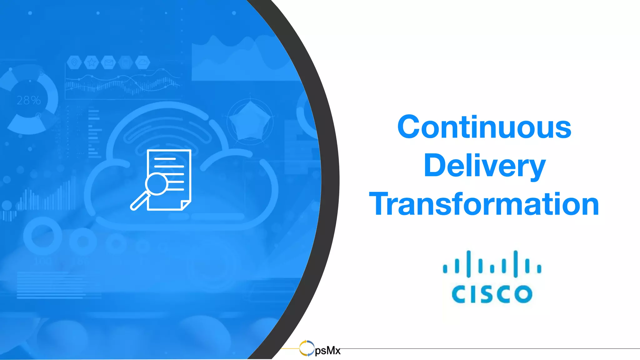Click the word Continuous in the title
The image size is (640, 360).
tap(484, 127)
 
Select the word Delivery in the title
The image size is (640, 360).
tap(484, 166)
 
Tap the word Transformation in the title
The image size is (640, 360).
tap(484, 204)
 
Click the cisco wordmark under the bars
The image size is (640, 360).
tap(492, 294)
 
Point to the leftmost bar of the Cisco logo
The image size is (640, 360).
tap(445, 268)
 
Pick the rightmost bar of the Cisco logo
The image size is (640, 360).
tap(539, 268)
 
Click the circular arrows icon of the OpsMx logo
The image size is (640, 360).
tap(307, 348)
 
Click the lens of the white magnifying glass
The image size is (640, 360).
tap(156, 184)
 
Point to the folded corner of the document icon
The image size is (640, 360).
tap(186, 205)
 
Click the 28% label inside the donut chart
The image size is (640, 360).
tap(29, 100)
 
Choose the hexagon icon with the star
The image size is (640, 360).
tap(91, 63)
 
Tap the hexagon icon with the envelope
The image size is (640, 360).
tap(108, 63)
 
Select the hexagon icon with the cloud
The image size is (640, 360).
tap(143, 63)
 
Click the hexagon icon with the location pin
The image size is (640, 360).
tap(74, 63)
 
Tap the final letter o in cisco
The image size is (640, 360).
tap(523, 294)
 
